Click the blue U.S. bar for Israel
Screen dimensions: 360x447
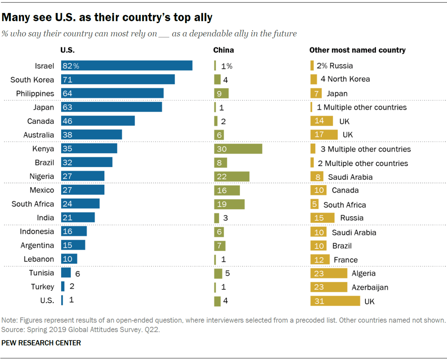pos(126,66)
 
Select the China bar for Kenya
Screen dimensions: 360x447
pos(238,149)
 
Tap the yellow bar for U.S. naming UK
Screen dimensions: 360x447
pos(335,301)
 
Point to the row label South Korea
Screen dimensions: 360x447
pos(32,80)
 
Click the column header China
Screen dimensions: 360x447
pos(223,50)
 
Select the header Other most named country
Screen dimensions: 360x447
pos(357,50)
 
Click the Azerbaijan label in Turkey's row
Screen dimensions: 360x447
pos(370,287)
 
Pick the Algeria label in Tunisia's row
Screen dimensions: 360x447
pos(364,273)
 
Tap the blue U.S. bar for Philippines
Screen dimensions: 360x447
pos(112,93)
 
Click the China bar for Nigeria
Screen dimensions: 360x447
pos(232,177)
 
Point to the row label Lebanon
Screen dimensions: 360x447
pos(39,259)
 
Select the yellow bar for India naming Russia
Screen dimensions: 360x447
pos(322,218)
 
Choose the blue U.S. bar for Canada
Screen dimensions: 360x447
pos(98,121)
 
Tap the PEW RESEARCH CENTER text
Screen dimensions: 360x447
pos(41,343)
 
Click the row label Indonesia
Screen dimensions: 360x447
pos(37,232)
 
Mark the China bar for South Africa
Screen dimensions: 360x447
pos(229,204)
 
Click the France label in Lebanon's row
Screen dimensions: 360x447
pos(345,260)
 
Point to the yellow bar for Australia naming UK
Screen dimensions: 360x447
pos(324,134)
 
